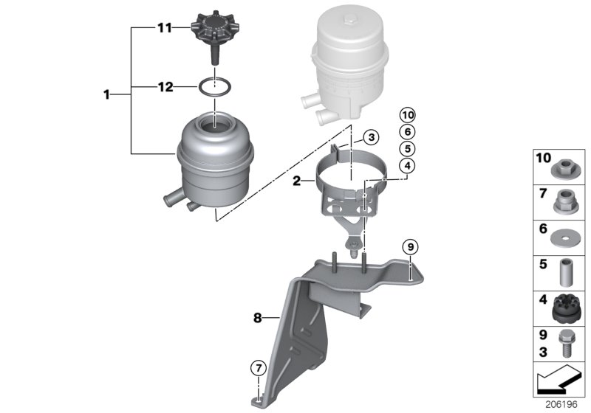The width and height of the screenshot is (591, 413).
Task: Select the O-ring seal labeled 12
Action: pyautogui.click(x=214, y=88)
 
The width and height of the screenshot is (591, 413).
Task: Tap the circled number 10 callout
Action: pyautogui.click(x=406, y=114)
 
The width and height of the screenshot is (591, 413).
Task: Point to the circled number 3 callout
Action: pyautogui.click(x=372, y=137)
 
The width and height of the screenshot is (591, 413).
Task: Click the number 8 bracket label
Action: pyautogui.click(x=258, y=319)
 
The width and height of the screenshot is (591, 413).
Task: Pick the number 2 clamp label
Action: pyautogui.click(x=296, y=179)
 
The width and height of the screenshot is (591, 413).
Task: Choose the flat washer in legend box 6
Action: pyautogui.click(x=567, y=237)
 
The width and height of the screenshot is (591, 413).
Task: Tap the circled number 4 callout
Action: pyautogui.click(x=406, y=166)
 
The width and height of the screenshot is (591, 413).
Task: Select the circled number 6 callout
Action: pyautogui.click(x=406, y=131)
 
